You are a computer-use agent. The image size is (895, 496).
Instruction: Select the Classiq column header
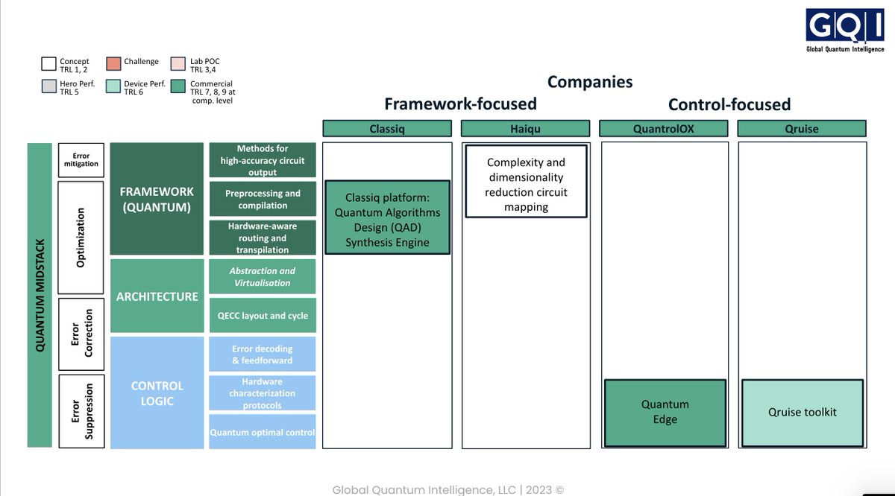pyautogui.click(x=387, y=129)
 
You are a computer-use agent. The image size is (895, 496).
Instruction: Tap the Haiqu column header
pyautogui.click(x=526, y=129)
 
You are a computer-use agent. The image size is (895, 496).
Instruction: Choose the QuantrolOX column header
pyautogui.click(x=665, y=129)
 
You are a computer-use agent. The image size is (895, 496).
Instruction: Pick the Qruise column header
pyautogui.click(x=802, y=129)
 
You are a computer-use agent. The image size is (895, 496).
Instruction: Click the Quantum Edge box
pyautogui.click(x=665, y=413)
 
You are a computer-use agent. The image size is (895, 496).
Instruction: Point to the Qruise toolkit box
pyautogui.click(x=802, y=413)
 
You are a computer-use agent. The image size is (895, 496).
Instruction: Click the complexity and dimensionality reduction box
pyautogui.click(x=526, y=184)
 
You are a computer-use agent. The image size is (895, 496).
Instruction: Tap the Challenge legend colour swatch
pyautogui.click(x=114, y=62)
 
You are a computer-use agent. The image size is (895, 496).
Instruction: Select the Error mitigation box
pyautogui.click(x=81, y=160)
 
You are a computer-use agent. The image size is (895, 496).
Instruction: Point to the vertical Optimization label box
pyautogui.click(x=81, y=238)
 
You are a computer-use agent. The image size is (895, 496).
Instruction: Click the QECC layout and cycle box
pyautogui.click(x=263, y=316)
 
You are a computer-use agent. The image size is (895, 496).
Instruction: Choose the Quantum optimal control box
pyautogui.click(x=263, y=432)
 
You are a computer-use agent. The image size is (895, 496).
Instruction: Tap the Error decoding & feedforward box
pyautogui.click(x=263, y=354)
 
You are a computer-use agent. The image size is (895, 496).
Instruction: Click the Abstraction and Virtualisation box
pyautogui.click(x=263, y=277)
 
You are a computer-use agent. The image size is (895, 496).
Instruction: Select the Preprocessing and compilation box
pyautogui.click(x=263, y=200)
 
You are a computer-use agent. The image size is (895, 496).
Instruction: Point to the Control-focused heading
pyautogui.click(x=729, y=105)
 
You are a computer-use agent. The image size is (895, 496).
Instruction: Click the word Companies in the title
pyautogui.click(x=590, y=82)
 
